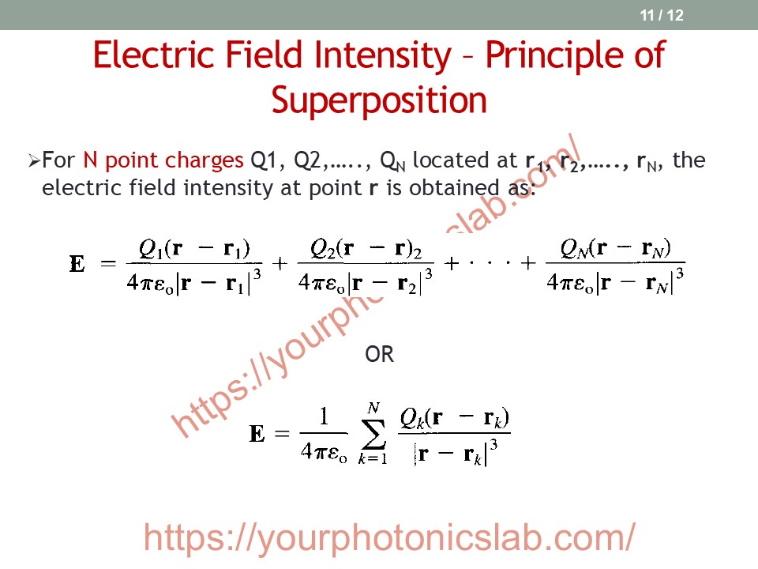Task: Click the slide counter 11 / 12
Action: click(x=662, y=15)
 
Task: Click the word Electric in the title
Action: click(x=153, y=55)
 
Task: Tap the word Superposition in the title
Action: click(x=379, y=100)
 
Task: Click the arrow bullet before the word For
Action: click(x=33, y=160)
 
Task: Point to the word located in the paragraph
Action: click(x=464, y=160)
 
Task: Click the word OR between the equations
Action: click(x=379, y=354)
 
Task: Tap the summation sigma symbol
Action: click(x=373, y=434)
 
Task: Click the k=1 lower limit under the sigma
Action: click(x=373, y=458)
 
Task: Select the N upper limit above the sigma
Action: click(x=373, y=408)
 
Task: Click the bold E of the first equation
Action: click(x=77, y=264)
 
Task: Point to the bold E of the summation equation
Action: click(x=257, y=434)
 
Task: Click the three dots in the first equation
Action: click(x=490, y=263)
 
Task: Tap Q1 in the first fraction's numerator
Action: click(x=149, y=249)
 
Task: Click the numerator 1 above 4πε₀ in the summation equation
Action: click(x=324, y=416)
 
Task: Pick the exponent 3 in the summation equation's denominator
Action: click(x=493, y=443)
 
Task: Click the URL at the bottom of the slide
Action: click(x=389, y=537)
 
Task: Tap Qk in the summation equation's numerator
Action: click(x=411, y=419)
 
